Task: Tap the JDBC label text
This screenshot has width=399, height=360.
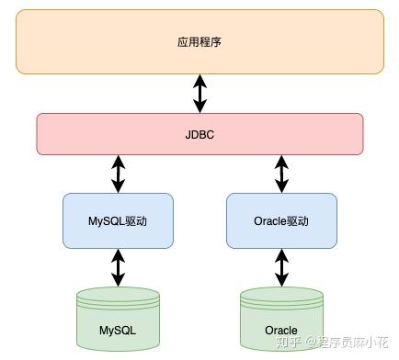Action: [x=199, y=134]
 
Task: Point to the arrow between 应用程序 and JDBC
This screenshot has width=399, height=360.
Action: [x=199, y=94]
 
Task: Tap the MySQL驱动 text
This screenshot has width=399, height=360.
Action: [x=118, y=221]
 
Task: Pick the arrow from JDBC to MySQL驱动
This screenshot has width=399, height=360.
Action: [x=118, y=174]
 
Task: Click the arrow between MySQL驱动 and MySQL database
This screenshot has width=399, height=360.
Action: [x=118, y=267]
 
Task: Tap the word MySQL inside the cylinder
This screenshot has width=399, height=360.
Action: [x=118, y=330]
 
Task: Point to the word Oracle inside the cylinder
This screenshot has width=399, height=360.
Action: [x=280, y=330]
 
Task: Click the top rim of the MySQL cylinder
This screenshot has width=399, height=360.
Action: [x=118, y=295]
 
